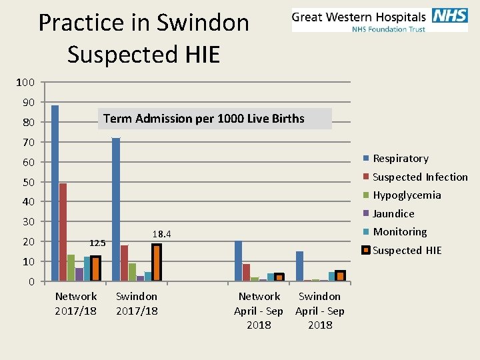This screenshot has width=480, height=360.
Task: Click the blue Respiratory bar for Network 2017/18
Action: (55, 193)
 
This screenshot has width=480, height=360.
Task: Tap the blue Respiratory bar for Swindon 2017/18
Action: (116, 209)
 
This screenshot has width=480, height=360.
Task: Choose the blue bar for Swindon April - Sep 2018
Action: (299, 266)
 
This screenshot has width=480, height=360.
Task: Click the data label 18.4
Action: (162, 234)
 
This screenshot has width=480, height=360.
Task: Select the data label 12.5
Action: (98, 243)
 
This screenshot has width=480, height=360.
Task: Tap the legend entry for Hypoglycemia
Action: (401, 195)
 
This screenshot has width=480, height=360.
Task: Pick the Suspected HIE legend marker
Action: (365, 251)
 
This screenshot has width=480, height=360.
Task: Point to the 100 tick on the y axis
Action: (25, 83)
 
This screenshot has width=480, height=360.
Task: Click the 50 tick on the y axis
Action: (29, 182)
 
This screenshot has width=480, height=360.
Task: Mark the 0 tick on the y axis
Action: (31, 282)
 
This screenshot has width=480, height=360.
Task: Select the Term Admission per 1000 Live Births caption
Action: (204, 119)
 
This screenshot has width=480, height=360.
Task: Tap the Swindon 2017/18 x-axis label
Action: (137, 303)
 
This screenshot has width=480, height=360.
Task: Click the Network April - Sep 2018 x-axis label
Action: (259, 310)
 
